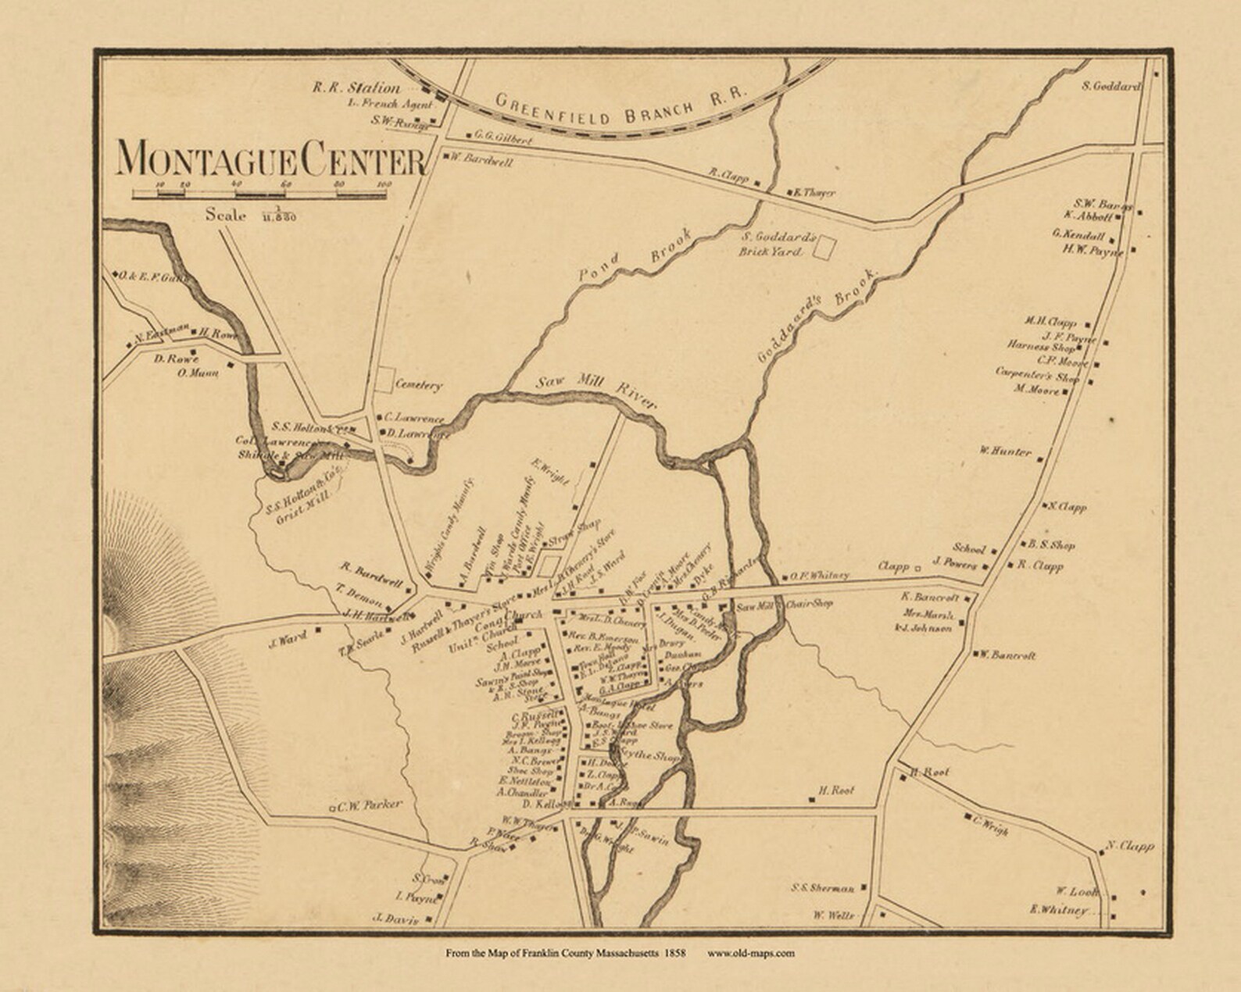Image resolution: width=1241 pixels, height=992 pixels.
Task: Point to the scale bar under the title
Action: coord(261,192)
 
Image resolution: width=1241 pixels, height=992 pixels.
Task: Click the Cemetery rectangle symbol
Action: coord(383,380)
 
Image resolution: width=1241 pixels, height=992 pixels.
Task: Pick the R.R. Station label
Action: coord(356,88)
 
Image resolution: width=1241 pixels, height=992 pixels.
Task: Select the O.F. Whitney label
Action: coord(818,576)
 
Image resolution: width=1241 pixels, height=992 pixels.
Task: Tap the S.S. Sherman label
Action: coord(822,888)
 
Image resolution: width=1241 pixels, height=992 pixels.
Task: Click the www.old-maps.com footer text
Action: coord(751,952)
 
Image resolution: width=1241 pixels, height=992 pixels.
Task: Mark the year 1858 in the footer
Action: coord(675,952)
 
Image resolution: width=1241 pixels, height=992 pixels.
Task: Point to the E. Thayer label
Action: coord(815,192)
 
